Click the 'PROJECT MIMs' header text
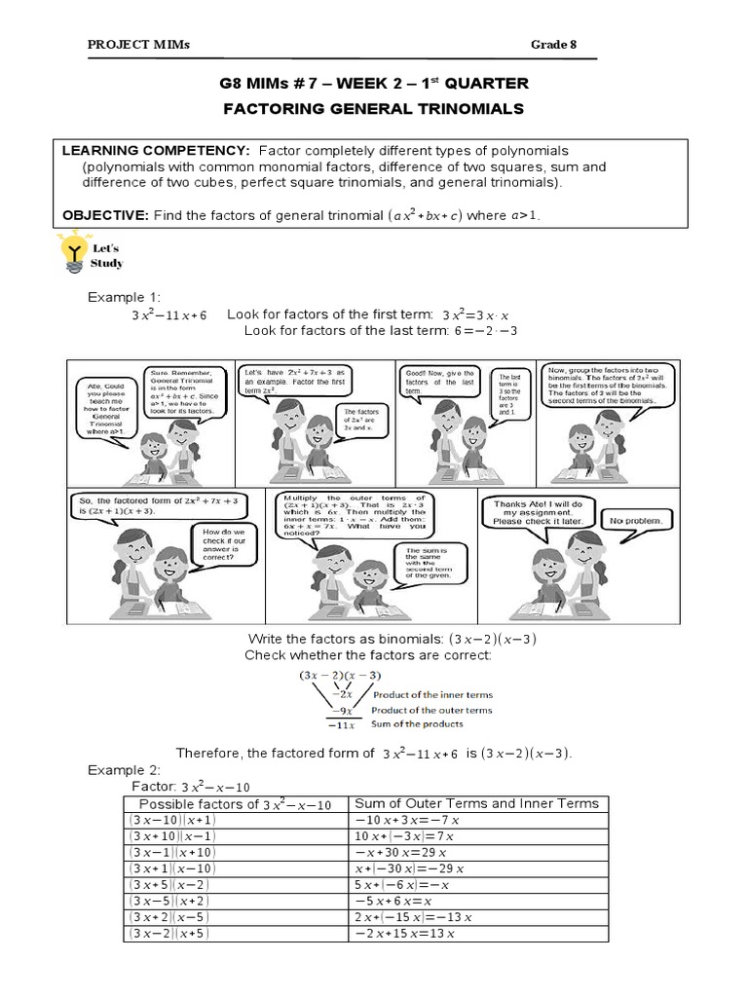point(139,44)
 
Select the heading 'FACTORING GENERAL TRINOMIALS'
point(374,108)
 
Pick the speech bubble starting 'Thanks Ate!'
point(537,512)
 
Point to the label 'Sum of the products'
point(417,723)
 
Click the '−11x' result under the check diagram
point(340,724)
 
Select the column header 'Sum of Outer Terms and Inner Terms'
point(476,803)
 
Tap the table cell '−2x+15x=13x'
point(408,934)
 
